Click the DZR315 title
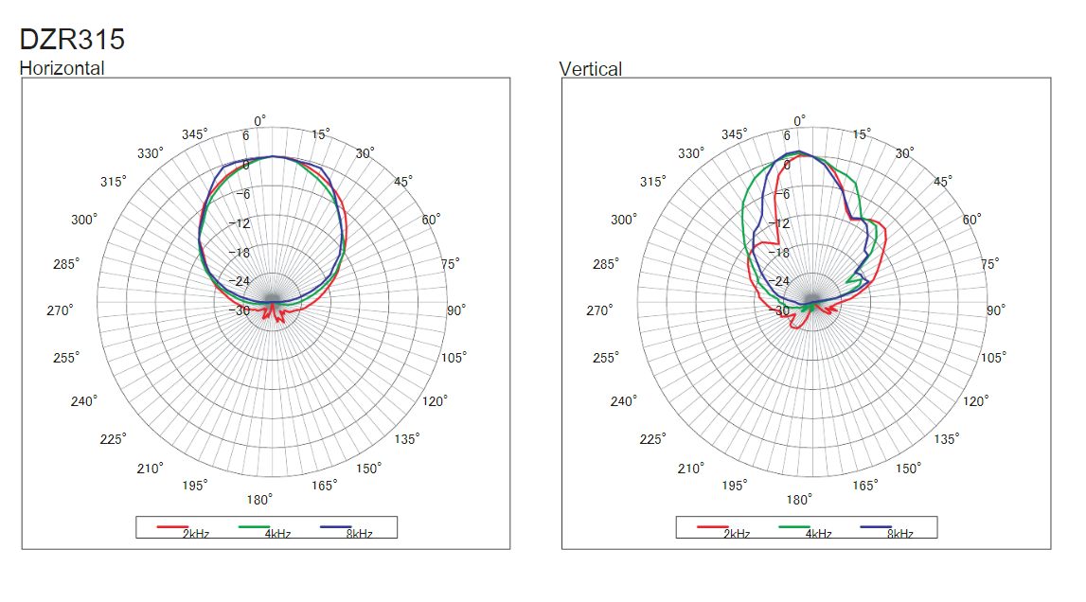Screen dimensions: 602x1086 [73, 40]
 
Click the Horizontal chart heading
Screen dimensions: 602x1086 [62, 68]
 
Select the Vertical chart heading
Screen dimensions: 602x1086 [591, 69]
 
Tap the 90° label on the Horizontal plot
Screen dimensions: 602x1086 [456, 310]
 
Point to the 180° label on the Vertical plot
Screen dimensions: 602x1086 [799, 500]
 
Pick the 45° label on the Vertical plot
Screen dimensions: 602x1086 [943, 182]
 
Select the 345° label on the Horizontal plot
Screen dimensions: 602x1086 [195, 134]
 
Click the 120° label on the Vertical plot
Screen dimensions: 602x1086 [976, 400]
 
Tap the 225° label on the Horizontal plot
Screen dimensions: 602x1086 [114, 438]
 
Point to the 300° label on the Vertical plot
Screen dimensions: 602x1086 [623, 220]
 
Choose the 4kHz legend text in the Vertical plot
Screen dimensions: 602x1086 [817, 534]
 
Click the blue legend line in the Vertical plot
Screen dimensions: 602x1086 [877, 525]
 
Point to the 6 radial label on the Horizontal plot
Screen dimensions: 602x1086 [245, 136]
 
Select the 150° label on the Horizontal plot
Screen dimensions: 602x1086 [369, 468]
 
